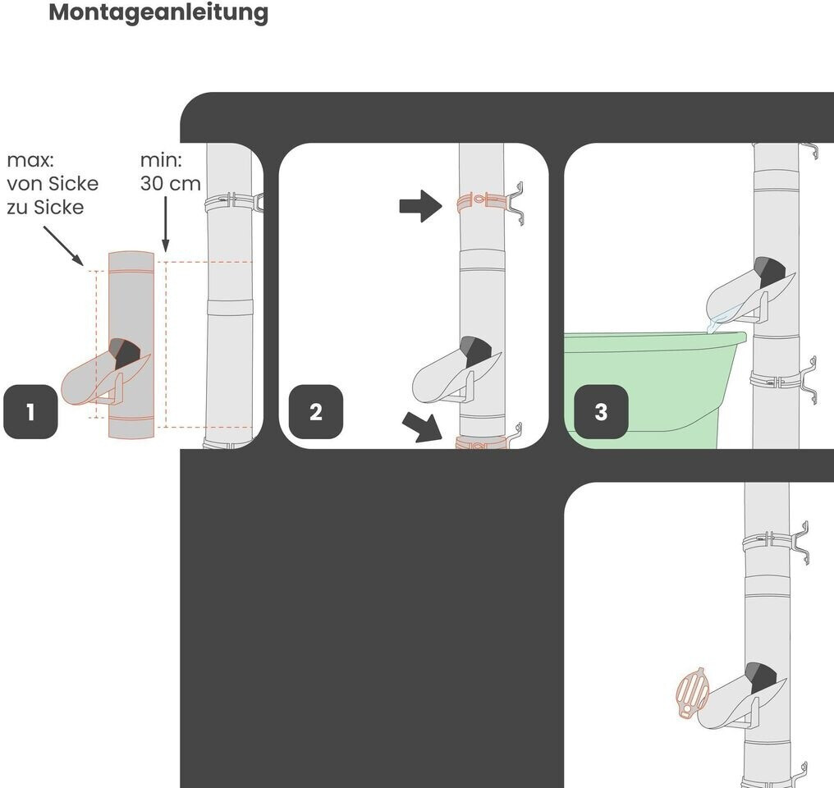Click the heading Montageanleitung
point(158,13)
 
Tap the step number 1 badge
point(30,411)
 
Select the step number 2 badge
point(316,411)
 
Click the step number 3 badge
point(601,411)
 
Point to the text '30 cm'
point(171,183)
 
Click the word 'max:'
point(30,160)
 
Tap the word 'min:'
point(161,160)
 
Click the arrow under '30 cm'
point(166,224)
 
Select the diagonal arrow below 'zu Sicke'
point(64,245)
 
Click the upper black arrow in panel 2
point(421,206)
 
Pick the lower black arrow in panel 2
point(423,427)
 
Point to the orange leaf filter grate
point(693,693)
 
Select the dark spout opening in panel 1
point(125,352)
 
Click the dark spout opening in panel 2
point(476,351)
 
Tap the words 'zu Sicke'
point(45,207)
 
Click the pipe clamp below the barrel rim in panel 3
point(783,381)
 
